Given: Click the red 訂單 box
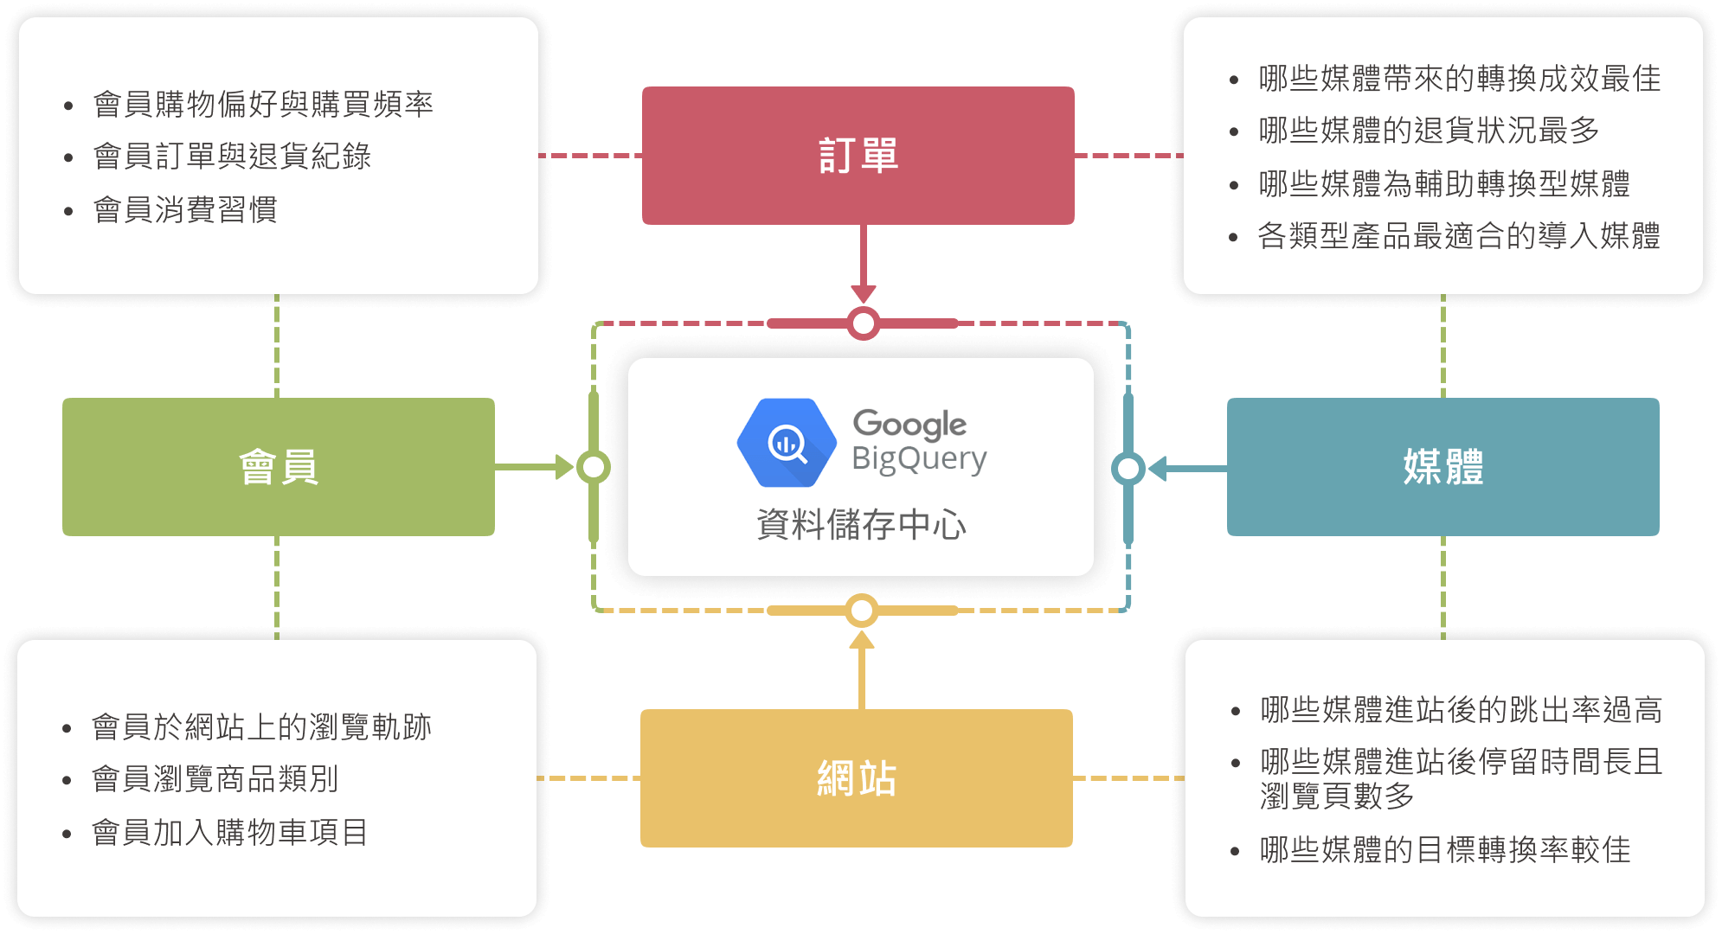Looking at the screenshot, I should [x=858, y=156].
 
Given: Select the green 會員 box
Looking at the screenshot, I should [x=278, y=467].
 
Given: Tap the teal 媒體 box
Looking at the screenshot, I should [x=1442, y=467].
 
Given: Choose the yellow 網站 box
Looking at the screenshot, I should [x=856, y=778].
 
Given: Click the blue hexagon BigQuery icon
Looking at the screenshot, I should [x=787, y=443].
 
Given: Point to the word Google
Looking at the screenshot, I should [x=909, y=424].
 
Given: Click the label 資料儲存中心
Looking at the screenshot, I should [x=861, y=524].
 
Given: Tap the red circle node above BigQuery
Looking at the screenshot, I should [x=864, y=323].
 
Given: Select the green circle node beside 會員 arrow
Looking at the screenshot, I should [x=594, y=467].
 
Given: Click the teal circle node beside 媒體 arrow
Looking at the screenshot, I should [x=1128, y=468].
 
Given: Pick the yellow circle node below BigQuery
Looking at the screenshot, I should [x=862, y=611].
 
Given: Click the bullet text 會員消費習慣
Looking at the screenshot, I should [x=185, y=209].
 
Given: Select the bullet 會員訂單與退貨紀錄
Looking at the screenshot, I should [x=232, y=157].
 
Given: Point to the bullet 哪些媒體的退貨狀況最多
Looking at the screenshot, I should [x=1429, y=131].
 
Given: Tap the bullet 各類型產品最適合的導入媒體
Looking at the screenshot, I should [x=1459, y=235].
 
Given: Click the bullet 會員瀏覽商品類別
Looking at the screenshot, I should [x=215, y=778].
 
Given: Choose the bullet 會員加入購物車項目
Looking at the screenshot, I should [x=229, y=832].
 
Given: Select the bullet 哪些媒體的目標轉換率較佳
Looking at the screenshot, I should [x=1445, y=849].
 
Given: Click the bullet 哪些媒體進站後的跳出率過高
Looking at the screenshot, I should [x=1461, y=710].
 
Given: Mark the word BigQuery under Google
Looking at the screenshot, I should [x=919, y=458].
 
